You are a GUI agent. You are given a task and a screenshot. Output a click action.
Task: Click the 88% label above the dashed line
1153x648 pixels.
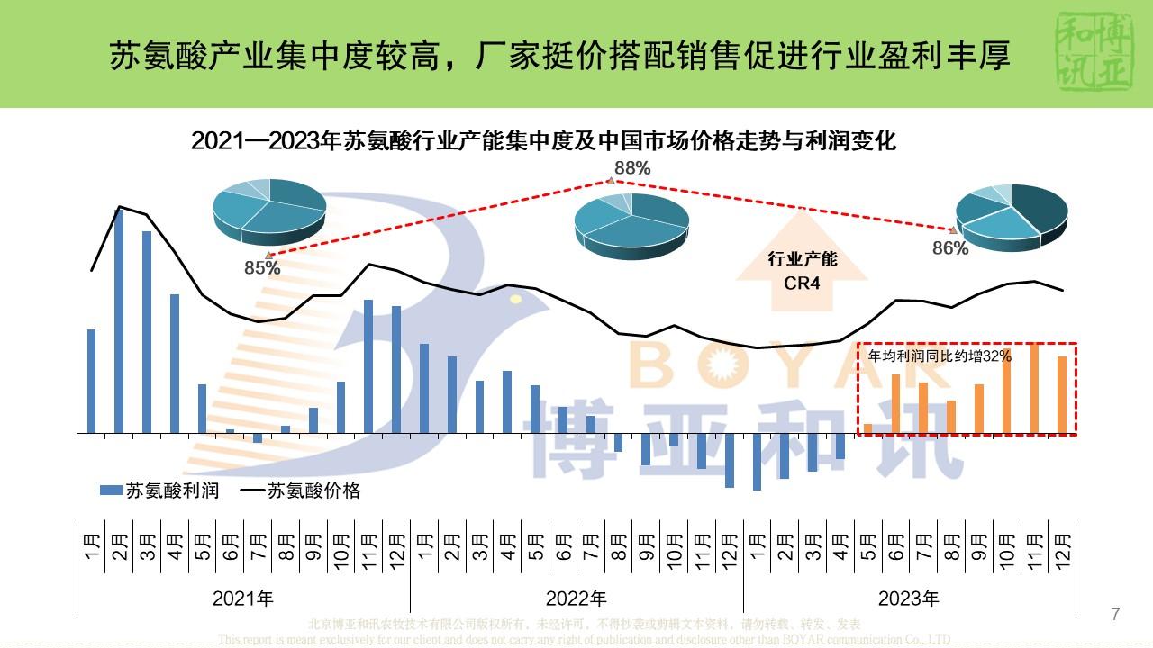click(x=632, y=167)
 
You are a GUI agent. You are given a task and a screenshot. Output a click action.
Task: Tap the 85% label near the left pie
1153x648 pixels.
click(x=262, y=267)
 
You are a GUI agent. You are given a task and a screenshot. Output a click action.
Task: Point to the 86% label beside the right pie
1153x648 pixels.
click(x=950, y=248)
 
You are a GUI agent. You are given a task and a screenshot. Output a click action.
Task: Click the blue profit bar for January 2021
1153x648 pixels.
click(x=91, y=381)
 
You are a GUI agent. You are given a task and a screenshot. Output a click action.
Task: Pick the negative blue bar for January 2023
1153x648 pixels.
click(x=757, y=462)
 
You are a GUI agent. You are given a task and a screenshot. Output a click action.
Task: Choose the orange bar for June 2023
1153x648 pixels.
click(x=895, y=403)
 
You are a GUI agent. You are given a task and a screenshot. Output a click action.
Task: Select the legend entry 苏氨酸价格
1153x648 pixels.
click(x=302, y=490)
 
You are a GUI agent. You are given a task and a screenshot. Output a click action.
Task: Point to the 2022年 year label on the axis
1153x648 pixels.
click(x=576, y=598)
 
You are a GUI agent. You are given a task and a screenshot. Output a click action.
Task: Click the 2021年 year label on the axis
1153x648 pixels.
click(x=243, y=598)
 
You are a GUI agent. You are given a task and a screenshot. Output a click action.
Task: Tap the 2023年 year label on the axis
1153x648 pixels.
click(x=909, y=598)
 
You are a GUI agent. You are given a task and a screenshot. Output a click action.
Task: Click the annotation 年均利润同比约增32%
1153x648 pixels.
click(x=940, y=356)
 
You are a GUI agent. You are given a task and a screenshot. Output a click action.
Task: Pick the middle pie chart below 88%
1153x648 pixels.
click(x=631, y=225)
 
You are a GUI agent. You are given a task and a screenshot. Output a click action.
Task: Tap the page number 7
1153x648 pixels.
click(x=1115, y=615)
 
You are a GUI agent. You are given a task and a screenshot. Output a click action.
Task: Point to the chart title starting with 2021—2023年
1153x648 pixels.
click(x=544, y=141)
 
